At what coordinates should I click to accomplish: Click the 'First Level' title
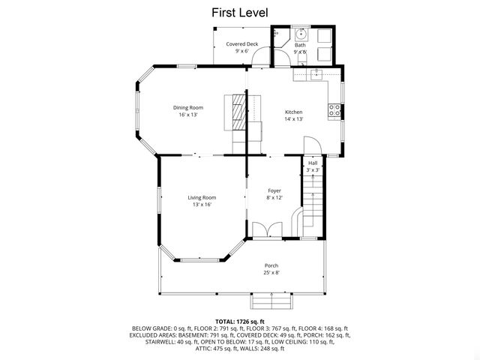[x=239, y=13]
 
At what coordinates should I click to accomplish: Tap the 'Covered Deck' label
[x=241, y=44]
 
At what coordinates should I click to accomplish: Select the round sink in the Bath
[x=301, y=34]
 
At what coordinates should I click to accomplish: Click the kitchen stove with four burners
[x=335, y=109]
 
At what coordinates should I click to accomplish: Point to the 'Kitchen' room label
[x=293, y=112]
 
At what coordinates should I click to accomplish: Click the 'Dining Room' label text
[x=188, y=107]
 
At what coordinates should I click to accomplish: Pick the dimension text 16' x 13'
[x=188, y=115]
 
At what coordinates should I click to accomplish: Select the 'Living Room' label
[x=202, y=197]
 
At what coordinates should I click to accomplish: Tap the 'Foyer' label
[x=274, y=190]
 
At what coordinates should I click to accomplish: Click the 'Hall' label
[x=313, y=163]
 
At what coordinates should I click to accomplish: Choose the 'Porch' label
[x=271, y=265]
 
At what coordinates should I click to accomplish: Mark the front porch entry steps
[x=271, y=300]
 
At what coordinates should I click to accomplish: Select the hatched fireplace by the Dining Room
[x=238, y=113]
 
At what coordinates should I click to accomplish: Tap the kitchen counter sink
[x=316, y=73]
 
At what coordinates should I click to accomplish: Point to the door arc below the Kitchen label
[x=311, y=145]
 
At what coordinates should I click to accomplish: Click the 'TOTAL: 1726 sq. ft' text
[x=239, y=322]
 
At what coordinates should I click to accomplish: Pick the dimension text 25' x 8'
[x=271, y=273]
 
